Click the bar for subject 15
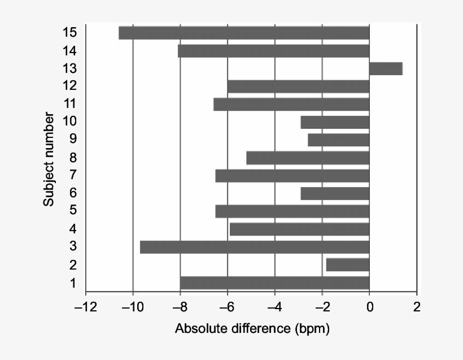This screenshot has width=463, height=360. [x=244, y=33]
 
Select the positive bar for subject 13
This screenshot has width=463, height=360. [x=386, y=68]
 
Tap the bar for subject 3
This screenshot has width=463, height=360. [x=255, y=247]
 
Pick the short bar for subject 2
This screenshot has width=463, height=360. [x=348, y=264]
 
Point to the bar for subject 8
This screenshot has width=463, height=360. [x=308, y=158]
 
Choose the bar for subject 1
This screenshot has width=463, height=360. [x=274, y=283]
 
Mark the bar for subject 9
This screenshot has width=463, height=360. [x=338, y=140]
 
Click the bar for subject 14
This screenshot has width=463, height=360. [x=273, y=51]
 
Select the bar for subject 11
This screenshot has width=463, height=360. [x=291, y=104]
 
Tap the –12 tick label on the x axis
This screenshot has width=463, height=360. [x=85, y=308]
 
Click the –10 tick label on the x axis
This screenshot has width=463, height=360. [x=132, y=308]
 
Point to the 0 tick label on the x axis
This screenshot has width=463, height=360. [x=369, y=308]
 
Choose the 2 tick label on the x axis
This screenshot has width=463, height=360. [x=417, y=308]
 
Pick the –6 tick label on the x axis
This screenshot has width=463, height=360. [x=227, y=308]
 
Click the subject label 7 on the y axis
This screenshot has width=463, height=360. [x=73, y=175]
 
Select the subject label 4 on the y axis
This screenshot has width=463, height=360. [x=73, y=229]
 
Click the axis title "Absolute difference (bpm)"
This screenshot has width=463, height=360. [x=252, y=328]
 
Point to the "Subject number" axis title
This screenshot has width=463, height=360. [x=50, y=160]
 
